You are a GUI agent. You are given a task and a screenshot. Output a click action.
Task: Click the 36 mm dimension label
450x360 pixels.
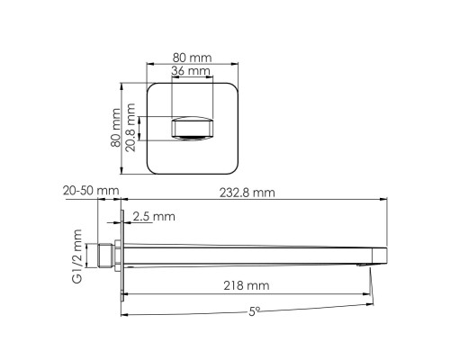191,71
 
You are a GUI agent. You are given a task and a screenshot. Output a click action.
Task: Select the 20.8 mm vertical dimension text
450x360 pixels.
130,128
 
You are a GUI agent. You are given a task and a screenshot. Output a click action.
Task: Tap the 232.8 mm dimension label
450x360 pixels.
247,193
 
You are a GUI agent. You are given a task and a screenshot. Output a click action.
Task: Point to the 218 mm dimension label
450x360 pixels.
247,285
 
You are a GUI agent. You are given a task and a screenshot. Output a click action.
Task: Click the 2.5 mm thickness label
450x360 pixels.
154,216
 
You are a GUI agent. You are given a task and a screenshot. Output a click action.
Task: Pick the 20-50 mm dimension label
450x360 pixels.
91,191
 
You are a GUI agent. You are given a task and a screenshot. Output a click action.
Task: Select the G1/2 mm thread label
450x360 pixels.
76,256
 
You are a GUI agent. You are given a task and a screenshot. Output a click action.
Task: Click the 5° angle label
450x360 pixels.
254,312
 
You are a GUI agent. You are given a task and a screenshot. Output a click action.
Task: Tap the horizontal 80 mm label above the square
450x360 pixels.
192,58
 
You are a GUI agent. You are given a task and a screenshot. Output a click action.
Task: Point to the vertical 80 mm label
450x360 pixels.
115,128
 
